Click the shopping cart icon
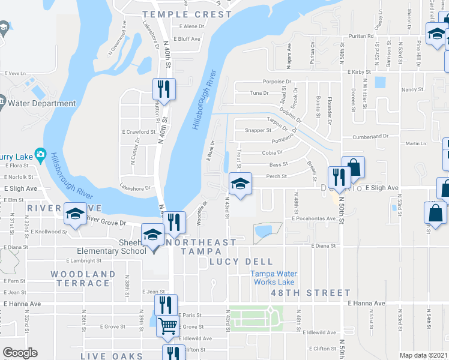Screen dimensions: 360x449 [x=168, y=326]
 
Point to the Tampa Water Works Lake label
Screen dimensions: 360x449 [x=273, y=278]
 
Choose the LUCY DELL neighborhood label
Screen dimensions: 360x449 [x=241, y=262]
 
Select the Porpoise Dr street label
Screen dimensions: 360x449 [x=277, y=81]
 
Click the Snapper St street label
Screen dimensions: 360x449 [x=259, y=130]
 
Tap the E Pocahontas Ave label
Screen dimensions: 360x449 [x=313, y=218]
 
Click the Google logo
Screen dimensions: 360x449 [x=20, y=353]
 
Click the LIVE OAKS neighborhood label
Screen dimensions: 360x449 [x=113, y=356]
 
